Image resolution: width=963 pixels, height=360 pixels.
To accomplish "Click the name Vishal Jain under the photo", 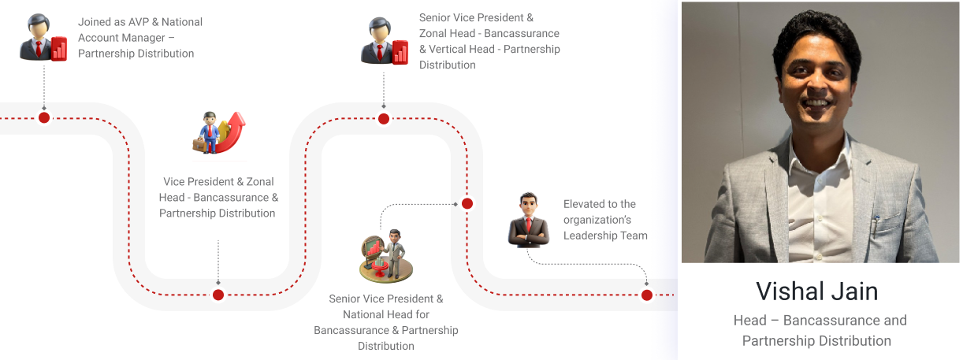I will [x=816, y=291].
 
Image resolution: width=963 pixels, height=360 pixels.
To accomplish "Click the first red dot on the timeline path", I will [x=44, y=117].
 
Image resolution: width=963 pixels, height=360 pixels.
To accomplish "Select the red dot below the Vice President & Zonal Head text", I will [x=218, y=295].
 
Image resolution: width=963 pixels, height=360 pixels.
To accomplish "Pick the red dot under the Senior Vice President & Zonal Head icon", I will [x=384, y=119].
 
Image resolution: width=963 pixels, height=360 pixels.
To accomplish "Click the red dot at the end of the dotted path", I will [x=647, y=295].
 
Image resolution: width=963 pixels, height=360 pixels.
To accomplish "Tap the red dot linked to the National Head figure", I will [x=467, y=203].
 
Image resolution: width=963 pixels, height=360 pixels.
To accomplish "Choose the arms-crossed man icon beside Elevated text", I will [x=528, y=220].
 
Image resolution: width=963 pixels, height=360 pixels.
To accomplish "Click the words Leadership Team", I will [x=605, y=236].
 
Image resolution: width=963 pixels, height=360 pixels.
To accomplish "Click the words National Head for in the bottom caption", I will [x=386, y=314].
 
